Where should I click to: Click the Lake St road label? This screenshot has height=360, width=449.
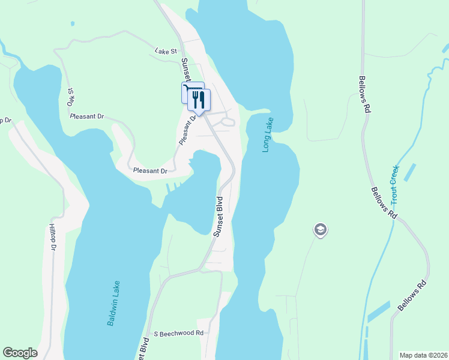click(x=166, y=52)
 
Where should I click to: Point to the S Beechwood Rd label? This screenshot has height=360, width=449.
click(x=179, y=333)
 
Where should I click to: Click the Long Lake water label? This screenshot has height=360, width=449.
click(x=268, y=134)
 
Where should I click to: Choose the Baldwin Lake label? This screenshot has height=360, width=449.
click(x=114, y=304)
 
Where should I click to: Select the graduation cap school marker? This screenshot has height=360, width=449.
click(x=320, y=229)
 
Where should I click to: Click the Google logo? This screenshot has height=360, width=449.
click(x=20, y=353)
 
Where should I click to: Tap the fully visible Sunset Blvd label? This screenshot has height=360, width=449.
click(x=218, y=215)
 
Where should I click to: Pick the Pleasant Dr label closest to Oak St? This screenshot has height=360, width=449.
click(x=86, y=116)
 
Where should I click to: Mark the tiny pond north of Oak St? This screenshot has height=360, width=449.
click(x=72, y=24)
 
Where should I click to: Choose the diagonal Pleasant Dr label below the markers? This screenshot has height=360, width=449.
click(x=188, y=131)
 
